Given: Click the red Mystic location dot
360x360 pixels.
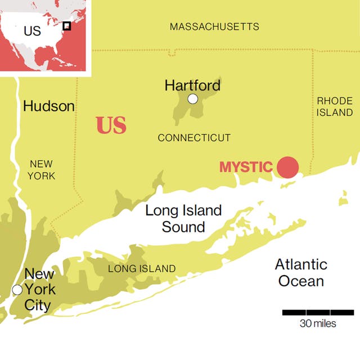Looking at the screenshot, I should click(287, 167).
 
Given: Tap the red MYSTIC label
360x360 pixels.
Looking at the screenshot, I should click(246, 167).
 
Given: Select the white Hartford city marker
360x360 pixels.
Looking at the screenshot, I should click(193, 99).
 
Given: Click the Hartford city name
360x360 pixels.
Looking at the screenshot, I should click(192, 85).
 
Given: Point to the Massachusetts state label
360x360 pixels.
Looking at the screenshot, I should click(214, 26).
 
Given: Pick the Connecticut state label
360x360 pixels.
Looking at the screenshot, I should click(194, 138).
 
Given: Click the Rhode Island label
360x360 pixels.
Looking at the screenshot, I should click(335, 107).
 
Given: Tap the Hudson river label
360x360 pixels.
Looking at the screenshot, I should click(49, 106).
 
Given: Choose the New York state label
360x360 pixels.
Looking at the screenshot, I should click(42, 170).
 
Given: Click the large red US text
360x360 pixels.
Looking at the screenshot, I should click(111, 125).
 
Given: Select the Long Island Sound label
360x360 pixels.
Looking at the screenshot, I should click(183, 219).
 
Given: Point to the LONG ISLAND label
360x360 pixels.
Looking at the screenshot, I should click(142, 269).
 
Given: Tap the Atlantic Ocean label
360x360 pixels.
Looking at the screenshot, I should click(301, 272).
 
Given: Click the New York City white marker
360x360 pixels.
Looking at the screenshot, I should click(17, 290).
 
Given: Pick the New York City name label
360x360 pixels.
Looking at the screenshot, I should click(39, 290).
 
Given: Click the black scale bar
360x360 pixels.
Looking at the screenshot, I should click(318, 312).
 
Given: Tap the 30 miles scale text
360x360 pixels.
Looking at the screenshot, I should click(318, 323).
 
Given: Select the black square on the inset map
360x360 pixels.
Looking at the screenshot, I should click(66, 25).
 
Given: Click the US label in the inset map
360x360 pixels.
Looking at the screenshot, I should click(32, 30).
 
